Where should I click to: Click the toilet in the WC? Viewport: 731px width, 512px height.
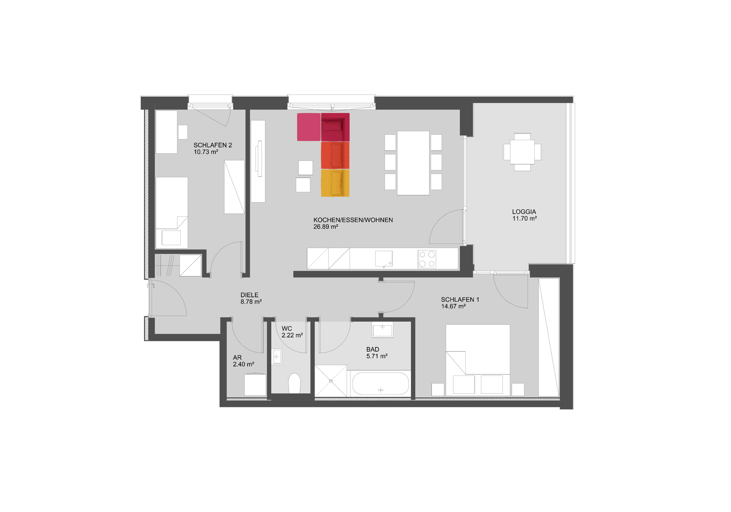(x=294, y=383)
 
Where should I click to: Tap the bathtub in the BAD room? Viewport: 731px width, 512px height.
(x=380, y=384)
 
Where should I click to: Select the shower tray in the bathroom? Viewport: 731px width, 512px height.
(x=331, y=381)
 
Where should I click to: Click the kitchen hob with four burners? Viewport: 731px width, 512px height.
(x=427, y=259)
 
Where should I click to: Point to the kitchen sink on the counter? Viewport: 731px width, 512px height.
(x=384, y=259)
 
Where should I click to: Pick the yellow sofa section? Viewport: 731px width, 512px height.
(x=335, y=183)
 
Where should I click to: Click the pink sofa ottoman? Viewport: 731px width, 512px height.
(x=309, y=127)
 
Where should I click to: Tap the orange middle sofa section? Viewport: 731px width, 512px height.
(x=335, y=155)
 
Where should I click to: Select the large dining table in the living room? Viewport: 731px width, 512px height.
(x=413, y=163)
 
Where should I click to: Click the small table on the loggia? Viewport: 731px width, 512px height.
(x=522, y=152)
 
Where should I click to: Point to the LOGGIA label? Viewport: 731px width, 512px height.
(x=524, y=212)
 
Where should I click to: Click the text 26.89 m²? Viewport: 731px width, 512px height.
(x=326, y=227)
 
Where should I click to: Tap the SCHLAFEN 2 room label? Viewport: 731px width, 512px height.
(x=213, y=145)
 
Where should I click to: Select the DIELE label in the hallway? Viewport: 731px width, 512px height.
(x=249, y=295)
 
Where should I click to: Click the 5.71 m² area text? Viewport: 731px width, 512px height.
(x=377, y=356)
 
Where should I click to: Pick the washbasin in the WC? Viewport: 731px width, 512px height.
(x=277, y=356)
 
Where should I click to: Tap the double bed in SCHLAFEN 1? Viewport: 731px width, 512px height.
(x=478, y=360)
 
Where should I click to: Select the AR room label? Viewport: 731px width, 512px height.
(x=237, y=358)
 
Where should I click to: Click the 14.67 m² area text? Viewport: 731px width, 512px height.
(x=453, y=306)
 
